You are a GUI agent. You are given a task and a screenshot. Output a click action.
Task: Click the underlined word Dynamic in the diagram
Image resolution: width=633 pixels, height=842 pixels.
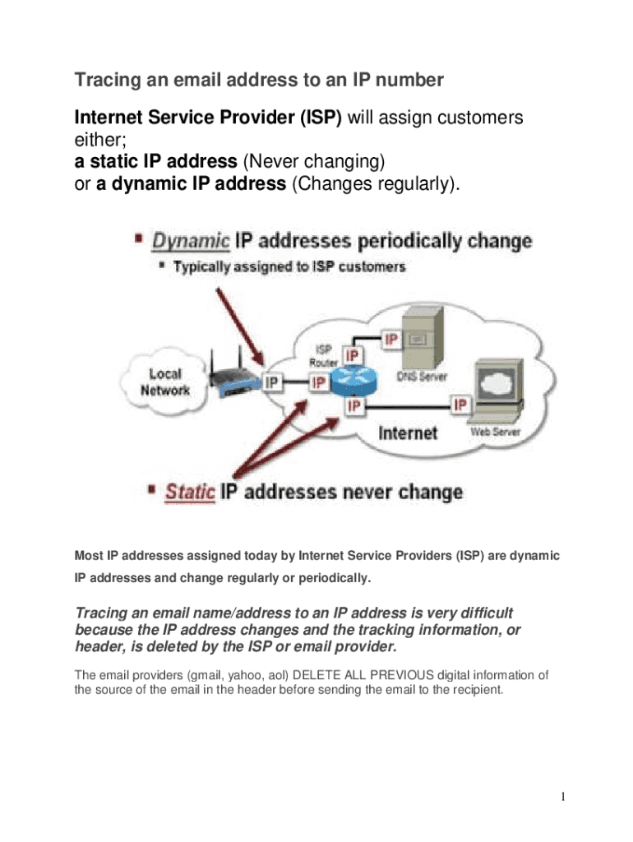pyautogui.click(x=191, y=242)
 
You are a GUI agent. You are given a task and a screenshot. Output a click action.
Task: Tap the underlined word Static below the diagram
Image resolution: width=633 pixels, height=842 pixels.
pyautogui.click(x=190, y=493)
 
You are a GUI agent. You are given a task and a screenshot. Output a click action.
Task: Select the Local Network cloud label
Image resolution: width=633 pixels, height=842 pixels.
pyautogui.click(x=165, y=382)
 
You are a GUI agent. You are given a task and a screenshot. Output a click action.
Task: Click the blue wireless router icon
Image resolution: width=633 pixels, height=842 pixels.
pyautogui.click(x=231, y=377)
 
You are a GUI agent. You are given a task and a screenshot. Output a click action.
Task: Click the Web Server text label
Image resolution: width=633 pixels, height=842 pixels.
pyautogui.click(x=495, y=431)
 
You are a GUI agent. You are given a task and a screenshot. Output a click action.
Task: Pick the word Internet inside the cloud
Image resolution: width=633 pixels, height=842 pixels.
pyautogui.click(x=408, y=432)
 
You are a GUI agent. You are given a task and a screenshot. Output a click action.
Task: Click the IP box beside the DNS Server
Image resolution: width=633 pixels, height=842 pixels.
pyautogui.click(x=390, y=340)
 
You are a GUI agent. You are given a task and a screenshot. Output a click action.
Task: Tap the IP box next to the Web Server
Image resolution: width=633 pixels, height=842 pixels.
pyautogui.click(x=460, y=404)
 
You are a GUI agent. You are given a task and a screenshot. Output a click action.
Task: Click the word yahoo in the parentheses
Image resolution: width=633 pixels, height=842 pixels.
pyautogui.click(x=229, y=675)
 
